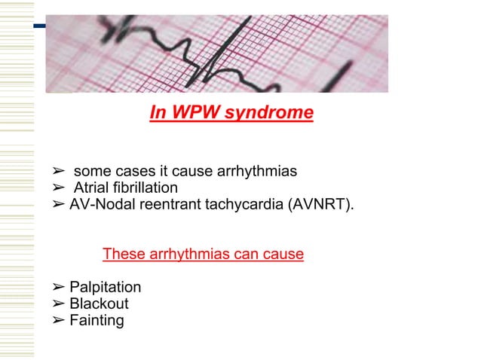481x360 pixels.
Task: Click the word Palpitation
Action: pyautogui.click(x=105, y=288)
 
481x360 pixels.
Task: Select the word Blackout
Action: pyautogui.click(x=99, y=304)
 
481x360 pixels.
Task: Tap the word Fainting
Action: pyautogui.click(x=97, y=321)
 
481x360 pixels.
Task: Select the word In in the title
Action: pyautogui.click(x=158, y=113)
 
